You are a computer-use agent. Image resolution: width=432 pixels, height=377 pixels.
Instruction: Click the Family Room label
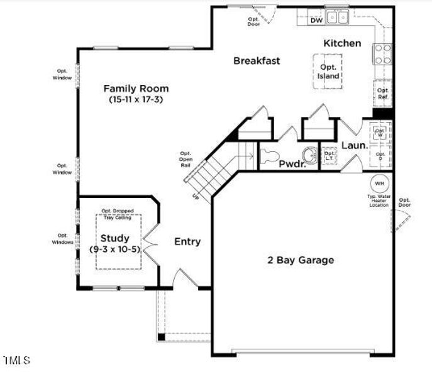(x=136, y=89)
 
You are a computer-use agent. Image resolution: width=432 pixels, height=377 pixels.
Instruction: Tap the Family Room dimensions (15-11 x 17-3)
(x=136, y=99)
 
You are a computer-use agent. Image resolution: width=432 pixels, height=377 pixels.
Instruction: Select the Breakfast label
(x=257, y=61)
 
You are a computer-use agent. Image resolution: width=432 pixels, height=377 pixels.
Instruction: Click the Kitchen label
(x=342, y=43)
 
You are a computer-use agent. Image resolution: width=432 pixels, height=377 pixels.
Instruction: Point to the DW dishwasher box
(x=316, y=20)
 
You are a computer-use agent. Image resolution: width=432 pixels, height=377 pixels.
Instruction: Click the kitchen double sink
(x=338, y=18)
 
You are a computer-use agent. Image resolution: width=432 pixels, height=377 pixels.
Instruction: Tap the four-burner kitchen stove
(x=382, y=55)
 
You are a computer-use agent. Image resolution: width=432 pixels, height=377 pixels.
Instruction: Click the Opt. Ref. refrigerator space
(x=383, y=94)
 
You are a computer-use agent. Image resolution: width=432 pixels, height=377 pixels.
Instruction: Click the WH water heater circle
(x=380, y=183)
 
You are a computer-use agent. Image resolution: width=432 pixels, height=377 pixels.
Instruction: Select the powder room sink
(x=309, y=154)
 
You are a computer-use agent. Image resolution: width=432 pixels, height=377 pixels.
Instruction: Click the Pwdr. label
(x=292, y=164)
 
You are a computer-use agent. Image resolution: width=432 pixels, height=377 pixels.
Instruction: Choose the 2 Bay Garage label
(x=301, y=260)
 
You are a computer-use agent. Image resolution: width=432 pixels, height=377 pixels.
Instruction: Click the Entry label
(x=187, y=242)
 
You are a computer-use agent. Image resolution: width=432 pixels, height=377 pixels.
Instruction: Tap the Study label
(x=115, y=238)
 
